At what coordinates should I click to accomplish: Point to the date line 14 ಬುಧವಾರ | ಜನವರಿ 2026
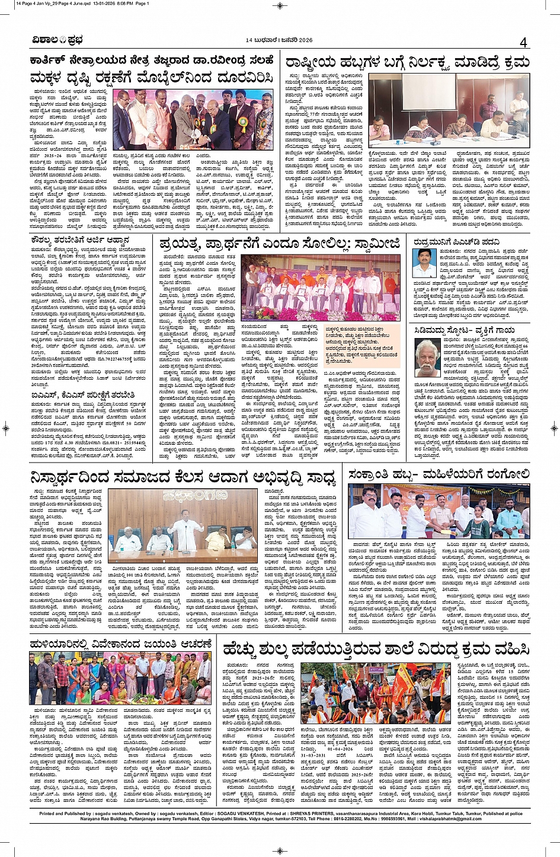[x=279, y=40]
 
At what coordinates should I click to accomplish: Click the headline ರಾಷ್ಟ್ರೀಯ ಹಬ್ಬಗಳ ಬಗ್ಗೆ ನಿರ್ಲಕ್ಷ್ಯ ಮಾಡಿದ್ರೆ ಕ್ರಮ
[x=407, y=63]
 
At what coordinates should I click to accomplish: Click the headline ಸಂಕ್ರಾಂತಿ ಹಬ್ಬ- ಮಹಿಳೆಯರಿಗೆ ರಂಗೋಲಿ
[x=439, y=474]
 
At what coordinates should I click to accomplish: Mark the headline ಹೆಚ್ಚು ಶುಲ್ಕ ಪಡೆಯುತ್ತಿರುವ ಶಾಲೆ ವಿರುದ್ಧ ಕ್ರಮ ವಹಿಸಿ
[x=376, y=650]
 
